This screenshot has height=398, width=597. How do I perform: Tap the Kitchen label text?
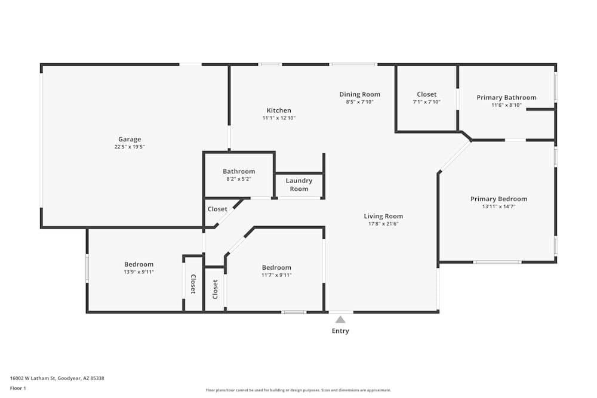pos(279,110)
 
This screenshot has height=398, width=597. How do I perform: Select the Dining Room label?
pos(359,94)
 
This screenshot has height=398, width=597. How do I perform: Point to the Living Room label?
pos(383,216)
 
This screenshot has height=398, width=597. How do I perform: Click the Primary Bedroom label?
pos(498,199)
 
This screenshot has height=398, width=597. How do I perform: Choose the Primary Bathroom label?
pos(506,97)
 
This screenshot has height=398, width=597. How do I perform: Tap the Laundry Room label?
pos(299,184)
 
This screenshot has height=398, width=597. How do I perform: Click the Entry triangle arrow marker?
pos(340,319)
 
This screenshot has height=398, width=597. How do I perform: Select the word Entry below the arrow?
pos(340,331)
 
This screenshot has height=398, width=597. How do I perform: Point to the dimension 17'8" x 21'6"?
pos(383,224)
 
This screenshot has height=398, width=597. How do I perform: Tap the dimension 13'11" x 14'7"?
pos(498,206)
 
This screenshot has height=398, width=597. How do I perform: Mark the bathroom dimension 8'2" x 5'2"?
pos(239,179)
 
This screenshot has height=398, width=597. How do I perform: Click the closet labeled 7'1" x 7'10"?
pos(426,102)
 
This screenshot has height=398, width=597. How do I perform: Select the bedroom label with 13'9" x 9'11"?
pos(139,264)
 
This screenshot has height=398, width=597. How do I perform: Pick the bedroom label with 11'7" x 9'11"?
pos(276,267)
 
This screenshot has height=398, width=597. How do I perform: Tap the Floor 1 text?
pos(18,388)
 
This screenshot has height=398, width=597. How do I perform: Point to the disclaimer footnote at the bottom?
pos(298,390)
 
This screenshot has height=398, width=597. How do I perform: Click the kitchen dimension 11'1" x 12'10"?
pos(279,118)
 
